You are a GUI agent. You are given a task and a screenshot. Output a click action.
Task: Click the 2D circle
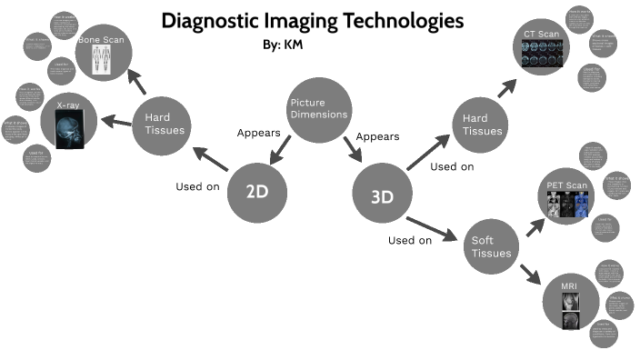pos(256,191)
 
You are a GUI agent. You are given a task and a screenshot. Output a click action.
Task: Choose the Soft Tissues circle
pos(491,246)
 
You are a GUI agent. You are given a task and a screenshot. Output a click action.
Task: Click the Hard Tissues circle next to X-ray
pos(164,125)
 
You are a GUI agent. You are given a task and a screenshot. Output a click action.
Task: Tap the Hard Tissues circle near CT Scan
pos(482,125)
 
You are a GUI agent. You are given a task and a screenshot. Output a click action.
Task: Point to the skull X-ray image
pos(70,127)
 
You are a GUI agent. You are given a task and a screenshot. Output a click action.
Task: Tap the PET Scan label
pos(567,186)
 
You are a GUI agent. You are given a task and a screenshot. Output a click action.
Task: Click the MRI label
pos(568,287)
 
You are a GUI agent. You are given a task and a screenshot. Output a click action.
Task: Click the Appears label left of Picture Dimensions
pos(258,133)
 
